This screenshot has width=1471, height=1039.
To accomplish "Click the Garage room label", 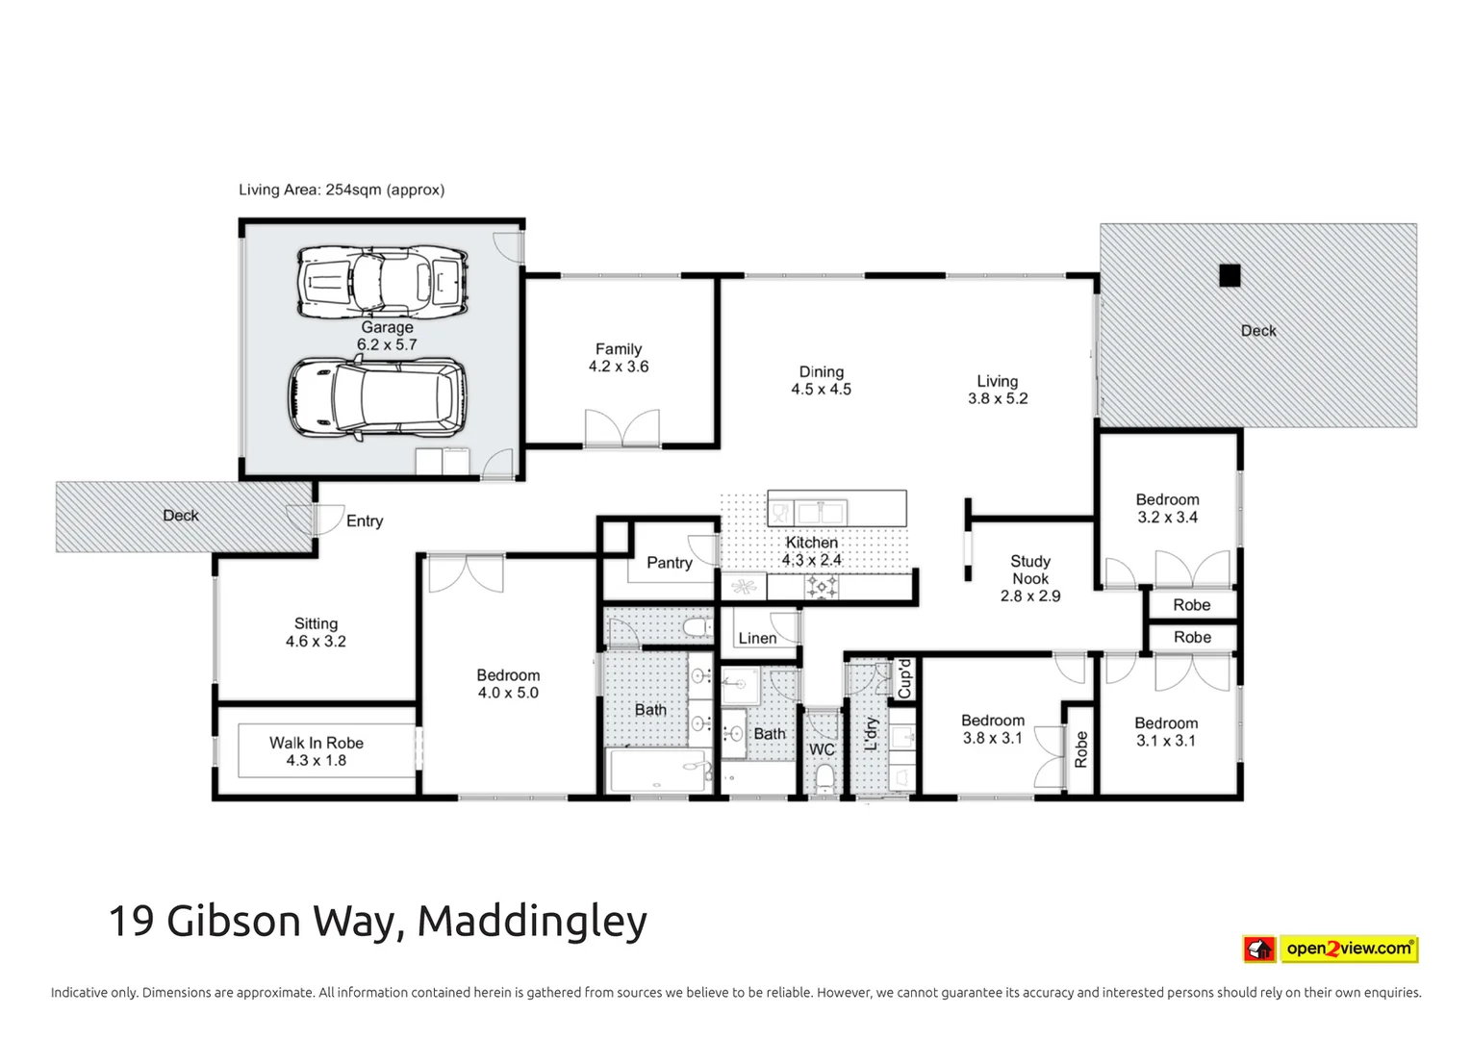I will coord(387,327).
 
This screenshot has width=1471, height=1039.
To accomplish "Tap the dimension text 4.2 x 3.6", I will coord(619,367).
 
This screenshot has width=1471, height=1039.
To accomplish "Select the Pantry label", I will coord(669,563).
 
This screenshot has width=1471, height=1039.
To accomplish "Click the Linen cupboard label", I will coord(757,638).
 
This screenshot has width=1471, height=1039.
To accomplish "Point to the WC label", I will coord(822,749).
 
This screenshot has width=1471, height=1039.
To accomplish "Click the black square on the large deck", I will coord(1230,276).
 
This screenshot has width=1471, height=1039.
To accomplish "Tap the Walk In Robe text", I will coord(317,743).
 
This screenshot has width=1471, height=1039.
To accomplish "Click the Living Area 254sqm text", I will coord(342,190).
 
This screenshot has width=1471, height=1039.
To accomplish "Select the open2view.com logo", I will coord(1331,949).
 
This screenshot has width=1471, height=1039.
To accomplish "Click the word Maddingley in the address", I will coord(532,921).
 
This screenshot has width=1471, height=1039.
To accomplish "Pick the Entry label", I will coord(365,520).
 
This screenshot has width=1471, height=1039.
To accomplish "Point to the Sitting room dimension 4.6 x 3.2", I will coord(316,642).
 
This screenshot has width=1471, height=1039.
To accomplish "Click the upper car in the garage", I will coord(382,281).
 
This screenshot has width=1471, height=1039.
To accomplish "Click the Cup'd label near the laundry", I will coord(904,678).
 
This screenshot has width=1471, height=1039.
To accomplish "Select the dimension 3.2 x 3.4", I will coord(1167,518).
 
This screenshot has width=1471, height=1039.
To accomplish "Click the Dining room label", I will coord(822,371).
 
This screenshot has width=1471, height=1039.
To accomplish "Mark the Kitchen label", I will coord(811,543).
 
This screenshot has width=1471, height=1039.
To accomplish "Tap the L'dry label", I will coord(872,733).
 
